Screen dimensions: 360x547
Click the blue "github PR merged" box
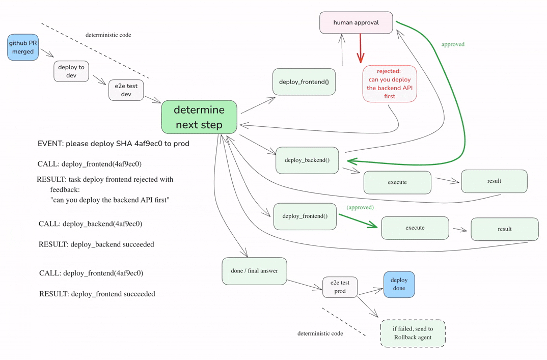coord(23,47)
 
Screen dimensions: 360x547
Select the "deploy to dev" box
coord(71,71)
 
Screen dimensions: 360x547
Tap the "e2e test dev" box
coord(126,90)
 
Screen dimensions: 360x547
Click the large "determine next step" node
coord(199,117)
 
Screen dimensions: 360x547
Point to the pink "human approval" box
coord(356,23)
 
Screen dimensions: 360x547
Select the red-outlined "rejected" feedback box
coord(390,84)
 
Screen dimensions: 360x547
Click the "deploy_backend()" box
coord(307,160)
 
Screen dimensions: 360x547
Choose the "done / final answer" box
coord(254,271)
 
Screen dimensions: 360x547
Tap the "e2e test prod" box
coord(340,287)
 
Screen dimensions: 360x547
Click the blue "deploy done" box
coord(399,284)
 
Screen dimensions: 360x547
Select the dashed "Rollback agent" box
coord(413,333)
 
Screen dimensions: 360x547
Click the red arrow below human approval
coord(360,48)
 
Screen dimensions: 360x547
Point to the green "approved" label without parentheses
coord(453,44)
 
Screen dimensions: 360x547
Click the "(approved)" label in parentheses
coord(360,207)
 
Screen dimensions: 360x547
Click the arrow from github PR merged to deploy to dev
coord(47,53)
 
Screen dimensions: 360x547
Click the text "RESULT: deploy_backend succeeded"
coord(96,244)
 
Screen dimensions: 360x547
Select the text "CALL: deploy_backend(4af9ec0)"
coord(90,224)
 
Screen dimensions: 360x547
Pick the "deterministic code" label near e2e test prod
coord(320,334)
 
